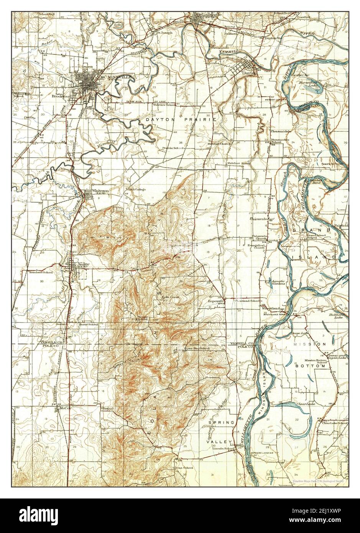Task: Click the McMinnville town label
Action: pyautogui.click(x=115, y=77)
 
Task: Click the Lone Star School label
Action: pyautogui.click(x=197, y=348)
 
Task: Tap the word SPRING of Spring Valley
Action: pyautogui.click(x=221, y=422)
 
